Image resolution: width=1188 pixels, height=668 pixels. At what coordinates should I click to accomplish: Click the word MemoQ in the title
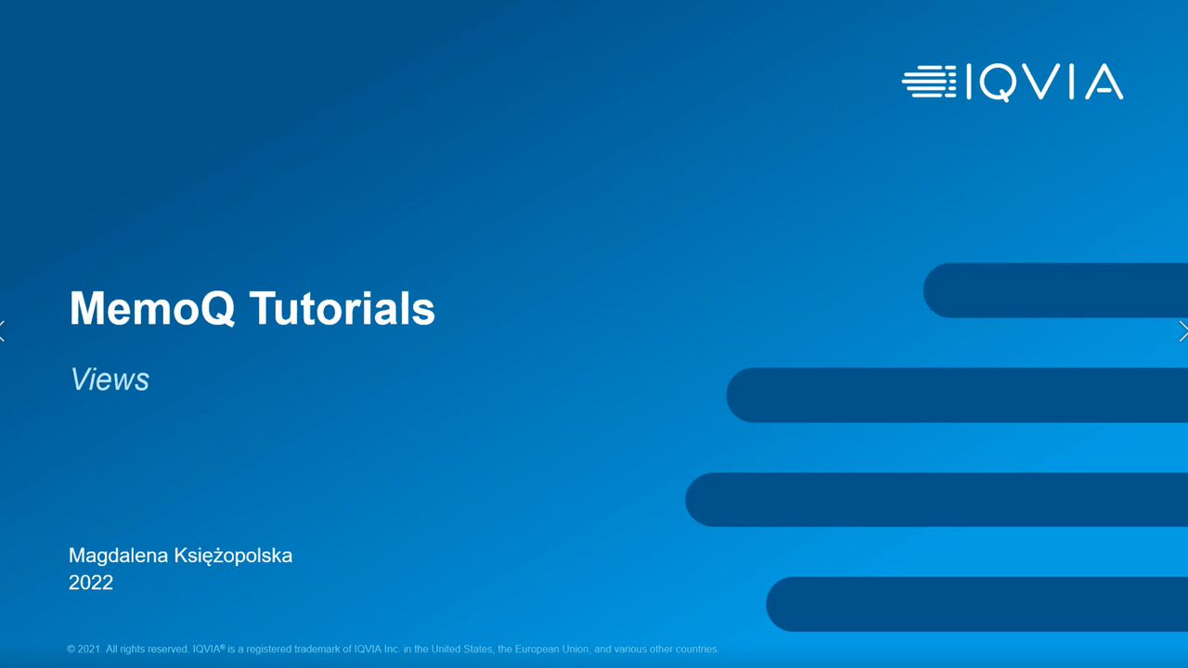point(152,308)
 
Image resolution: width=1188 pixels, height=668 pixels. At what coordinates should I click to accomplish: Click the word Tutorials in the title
point(342,308)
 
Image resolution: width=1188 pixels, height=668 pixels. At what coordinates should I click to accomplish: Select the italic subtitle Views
point(110,379)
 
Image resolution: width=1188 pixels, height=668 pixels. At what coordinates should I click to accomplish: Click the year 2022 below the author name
point(91,583)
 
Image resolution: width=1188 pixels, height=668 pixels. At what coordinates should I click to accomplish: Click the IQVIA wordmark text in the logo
point(1045,83)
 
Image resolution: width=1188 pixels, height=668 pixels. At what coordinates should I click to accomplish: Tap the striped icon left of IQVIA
point(929,82)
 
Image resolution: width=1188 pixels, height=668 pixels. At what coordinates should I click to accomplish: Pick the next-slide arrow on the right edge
point(1183,331)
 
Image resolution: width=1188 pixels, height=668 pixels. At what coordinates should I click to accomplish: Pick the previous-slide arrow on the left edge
point(3,331)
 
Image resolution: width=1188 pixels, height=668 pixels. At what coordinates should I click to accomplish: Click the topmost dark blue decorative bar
point(1055,290)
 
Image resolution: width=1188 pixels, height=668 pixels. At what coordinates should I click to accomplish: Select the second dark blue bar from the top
point(957,395)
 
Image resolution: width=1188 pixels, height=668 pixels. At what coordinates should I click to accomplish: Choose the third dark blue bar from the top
point(936,499)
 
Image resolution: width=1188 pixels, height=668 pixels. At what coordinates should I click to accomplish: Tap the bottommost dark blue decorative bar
point(977,604)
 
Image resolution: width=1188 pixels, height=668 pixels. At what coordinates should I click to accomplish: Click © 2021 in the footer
point(84,649)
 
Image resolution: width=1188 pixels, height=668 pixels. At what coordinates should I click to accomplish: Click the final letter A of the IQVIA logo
point(1104,82)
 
